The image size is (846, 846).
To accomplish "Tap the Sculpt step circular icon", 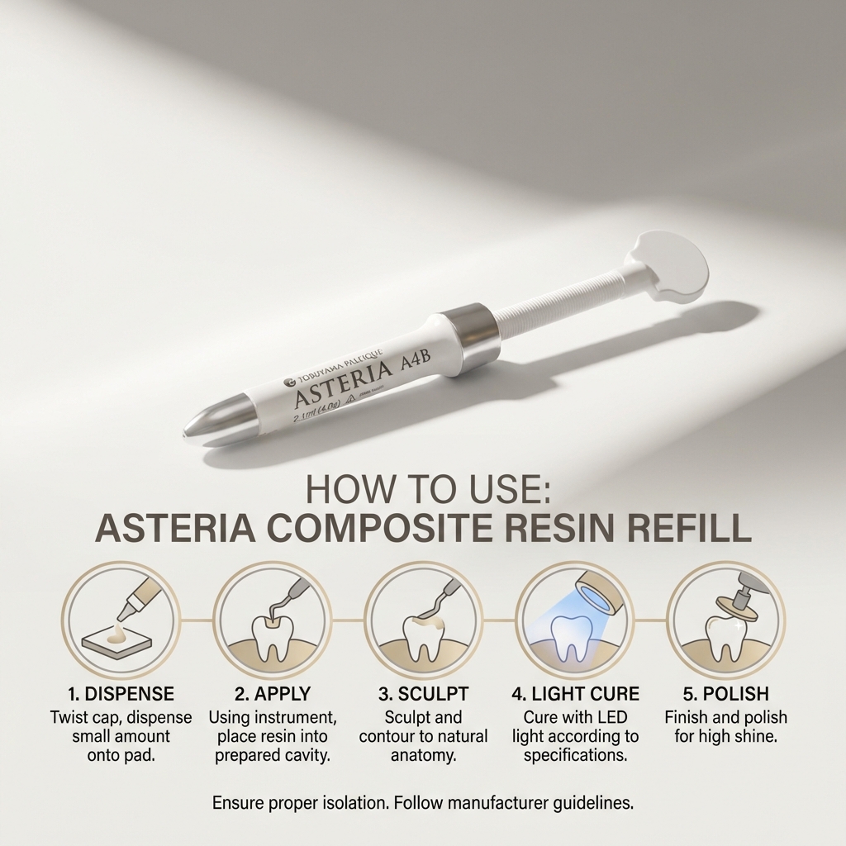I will (423, 620).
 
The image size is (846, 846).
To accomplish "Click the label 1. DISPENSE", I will (121, 693).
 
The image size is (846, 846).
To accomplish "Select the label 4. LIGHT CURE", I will (575, 693).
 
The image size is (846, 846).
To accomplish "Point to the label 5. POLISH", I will (725, 693).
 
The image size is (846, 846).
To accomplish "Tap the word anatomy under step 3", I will (422, 755).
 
